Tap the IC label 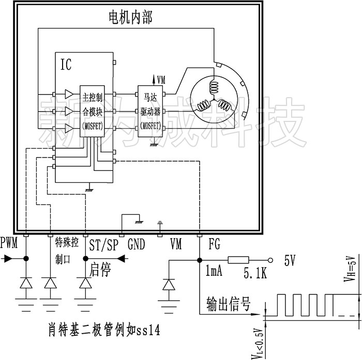coord(66,65)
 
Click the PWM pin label coord(9,242)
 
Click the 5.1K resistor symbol coord(238,261)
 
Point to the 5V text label coord(290,261)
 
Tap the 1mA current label coord(214,271)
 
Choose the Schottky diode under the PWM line coord(27,283)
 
